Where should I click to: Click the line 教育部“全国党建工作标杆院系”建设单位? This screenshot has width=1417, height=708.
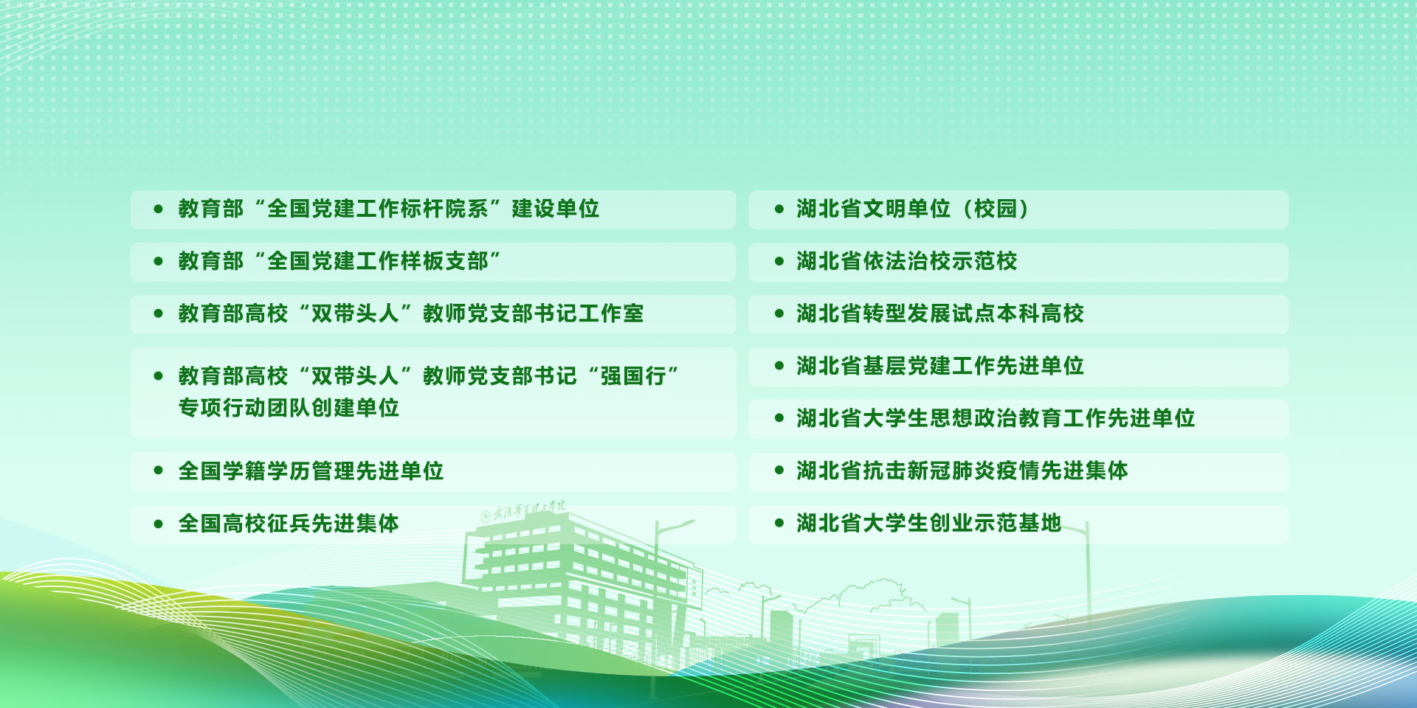(x=389, y=209)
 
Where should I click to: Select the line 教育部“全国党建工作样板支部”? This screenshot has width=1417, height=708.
(x=339, y=261)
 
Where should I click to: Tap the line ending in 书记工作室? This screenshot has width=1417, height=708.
(x=411, y=313)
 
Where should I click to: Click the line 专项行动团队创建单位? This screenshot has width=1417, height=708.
(x=289, y=408)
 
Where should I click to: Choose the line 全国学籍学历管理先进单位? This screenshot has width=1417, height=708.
(x=311, y=471)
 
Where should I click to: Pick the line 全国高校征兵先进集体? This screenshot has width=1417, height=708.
(x=289, y=523)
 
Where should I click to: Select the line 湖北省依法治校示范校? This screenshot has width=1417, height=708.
(x=907, y=261)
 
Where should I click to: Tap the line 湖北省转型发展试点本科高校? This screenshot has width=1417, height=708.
(x=940, y=313)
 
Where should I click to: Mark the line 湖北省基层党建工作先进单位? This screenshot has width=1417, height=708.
(x=940, y=366)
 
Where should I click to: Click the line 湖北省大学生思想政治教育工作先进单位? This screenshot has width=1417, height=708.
(x=996, y=418)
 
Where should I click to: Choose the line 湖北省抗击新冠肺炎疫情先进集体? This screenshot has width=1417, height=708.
(x=962, y=471)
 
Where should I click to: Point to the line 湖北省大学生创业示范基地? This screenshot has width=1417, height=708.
(x=929, y=523)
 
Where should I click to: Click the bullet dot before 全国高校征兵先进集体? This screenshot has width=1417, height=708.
(x=158, y=524)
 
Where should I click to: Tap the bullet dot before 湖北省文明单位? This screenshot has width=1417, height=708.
(x=779, y=209)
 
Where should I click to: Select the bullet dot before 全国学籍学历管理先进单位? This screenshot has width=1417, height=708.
(x=158, y=471)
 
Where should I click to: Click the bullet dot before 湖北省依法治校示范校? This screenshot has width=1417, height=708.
(x=779, y=262)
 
